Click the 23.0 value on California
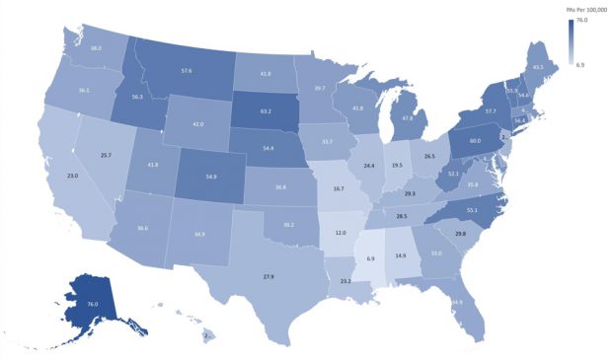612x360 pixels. coord(72,175)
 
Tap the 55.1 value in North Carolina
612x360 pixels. coord(472,210)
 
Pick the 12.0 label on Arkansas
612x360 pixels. coord(341,233)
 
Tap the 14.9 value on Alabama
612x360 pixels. coord(401,255)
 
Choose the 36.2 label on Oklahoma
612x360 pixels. coord(288,225)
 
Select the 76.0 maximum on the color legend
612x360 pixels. coord(582,21)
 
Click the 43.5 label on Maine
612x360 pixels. coord(538,67)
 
